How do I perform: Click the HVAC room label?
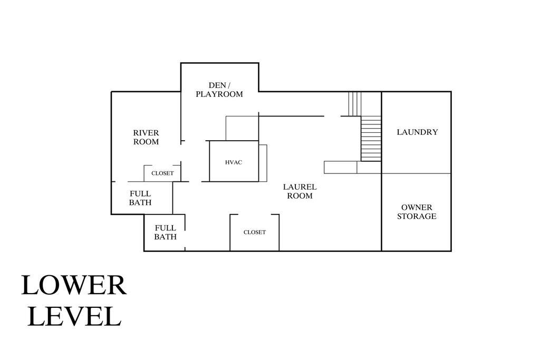point(234,162)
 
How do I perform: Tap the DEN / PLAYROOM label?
point(219,90)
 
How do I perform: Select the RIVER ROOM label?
point(146,137)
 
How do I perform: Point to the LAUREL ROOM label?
point(300,191)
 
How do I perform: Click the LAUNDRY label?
point(418,132)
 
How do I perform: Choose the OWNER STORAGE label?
point(417,212)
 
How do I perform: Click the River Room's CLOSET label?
point(162,173)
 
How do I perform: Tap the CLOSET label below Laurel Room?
point(255,232)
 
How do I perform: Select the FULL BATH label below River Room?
point(140,198)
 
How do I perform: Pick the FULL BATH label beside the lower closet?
point(165,232)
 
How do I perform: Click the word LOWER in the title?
point(74,285)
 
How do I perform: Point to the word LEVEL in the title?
point(74,316)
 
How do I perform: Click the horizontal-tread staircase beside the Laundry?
point(371,138)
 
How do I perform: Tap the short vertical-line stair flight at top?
point(355,104)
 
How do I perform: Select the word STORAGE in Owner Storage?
point(417,216)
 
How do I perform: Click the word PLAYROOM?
point(219,94)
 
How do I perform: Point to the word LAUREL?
point(300,187)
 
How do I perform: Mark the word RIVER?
point(146,133)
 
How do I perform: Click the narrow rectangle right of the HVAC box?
point(263,163)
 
